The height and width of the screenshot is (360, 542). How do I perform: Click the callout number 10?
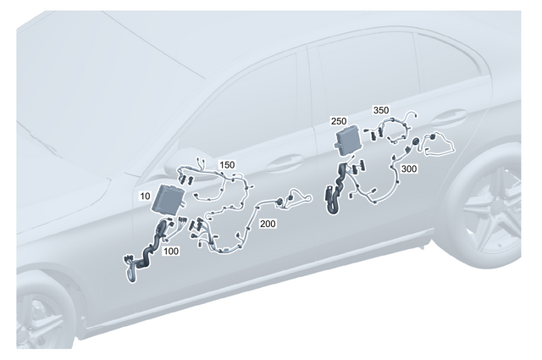pyautogui.click(x=145, y=196)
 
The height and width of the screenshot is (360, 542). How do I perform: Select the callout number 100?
pyautogui.click(x=171, y=252)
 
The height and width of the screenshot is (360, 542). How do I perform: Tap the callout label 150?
pyautogui.click(x=228, y=163)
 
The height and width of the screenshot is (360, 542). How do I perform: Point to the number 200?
pyautogui.click(x=268, y=224)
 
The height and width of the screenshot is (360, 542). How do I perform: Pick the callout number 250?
pyautogui.click(x=338, y=122)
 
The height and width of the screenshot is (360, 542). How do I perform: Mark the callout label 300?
pyautogui.click(x=410, y=169)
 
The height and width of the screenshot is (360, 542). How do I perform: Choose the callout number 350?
pyautogui.click(x=381, y=110)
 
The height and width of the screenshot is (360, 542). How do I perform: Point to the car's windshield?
pyautogui.click(x=85, y=85)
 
